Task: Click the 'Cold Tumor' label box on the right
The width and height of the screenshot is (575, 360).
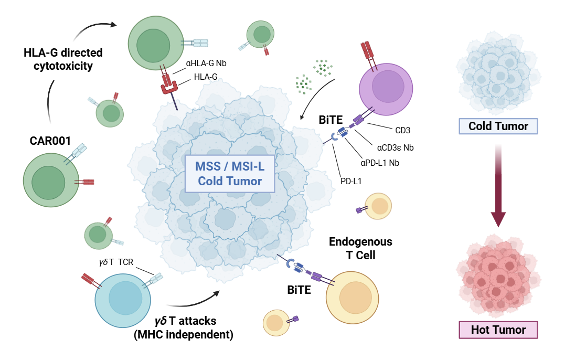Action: (x=498, y=126)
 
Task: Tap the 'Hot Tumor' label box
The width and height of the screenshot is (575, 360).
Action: (x=498, y=330)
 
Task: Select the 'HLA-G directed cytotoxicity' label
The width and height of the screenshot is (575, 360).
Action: (x=63, y=59)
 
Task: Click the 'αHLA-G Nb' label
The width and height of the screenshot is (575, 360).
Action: (x=206, y=64)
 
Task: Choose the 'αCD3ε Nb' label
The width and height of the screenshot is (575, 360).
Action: (x=395, y=147)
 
